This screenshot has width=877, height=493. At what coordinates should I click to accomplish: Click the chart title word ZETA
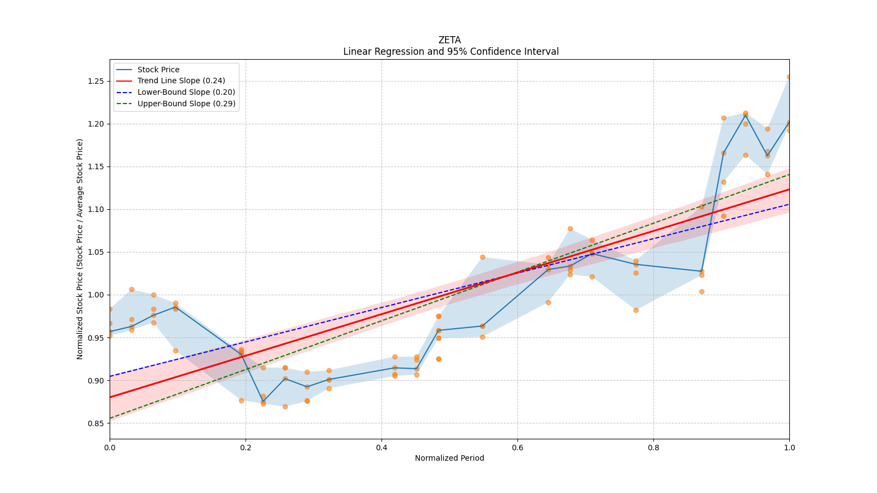[x=449, y=40]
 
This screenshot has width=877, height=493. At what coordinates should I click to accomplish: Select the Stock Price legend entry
[x=158, y=70]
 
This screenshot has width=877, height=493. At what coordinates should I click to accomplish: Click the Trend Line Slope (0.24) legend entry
[x=181, y=81]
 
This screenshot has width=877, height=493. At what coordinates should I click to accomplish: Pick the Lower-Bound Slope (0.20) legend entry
[x=186, y=92]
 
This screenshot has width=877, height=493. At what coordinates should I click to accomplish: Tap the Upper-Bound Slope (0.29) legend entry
[x=186, y=104]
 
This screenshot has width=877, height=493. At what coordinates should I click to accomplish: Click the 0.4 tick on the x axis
[x=381, y=448]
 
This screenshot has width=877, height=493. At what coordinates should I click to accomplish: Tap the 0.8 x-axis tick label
[x=653, y=448]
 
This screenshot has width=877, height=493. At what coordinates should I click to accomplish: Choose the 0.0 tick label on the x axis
[x=110, y=448]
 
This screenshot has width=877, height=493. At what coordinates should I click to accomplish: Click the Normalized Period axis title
[x=449, y=458]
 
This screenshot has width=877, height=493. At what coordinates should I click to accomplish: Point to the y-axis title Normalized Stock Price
[x=80, y=249]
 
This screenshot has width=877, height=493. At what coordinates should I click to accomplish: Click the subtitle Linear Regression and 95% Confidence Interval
[x=451, y=51]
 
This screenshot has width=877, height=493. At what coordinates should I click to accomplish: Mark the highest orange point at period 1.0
[x=789, y=77]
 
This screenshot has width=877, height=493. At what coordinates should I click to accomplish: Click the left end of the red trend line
[x=110, y=397]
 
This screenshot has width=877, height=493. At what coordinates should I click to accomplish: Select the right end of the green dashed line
[x=789, y=174]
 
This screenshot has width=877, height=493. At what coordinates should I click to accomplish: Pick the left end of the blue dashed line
[x=110, y=376]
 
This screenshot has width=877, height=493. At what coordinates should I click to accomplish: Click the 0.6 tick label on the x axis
[x=517, y=448]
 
